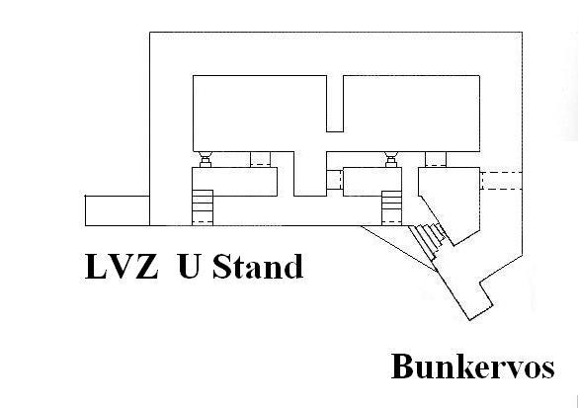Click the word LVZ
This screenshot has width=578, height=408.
(x=122, y=266)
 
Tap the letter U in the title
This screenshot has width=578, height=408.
(x=189, y=266)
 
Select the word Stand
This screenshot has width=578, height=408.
(x=258, y=266)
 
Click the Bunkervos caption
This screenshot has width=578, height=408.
(x=473, y=366)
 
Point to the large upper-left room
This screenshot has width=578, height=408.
(x=260, y=114)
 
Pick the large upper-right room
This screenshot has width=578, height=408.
(x=411, y=114)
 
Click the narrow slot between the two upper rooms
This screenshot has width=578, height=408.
(x=335, y=104)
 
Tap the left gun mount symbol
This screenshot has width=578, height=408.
(x=205, y=160)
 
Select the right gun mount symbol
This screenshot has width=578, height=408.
(x=390, y=160)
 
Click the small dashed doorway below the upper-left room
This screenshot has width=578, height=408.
(x=260, y=159)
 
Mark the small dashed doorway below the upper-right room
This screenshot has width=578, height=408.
(x=436, y=159)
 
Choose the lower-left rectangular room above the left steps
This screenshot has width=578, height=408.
(x=234, y=182)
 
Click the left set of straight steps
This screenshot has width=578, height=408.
(x=203, y=207)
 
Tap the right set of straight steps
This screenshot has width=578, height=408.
(x=391, y=208)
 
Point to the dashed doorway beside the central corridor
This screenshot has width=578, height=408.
(x=335, y=180)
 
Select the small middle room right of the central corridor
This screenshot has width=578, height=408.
(x=372, y=182)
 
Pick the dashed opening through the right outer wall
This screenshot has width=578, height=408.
(x=501, y=181)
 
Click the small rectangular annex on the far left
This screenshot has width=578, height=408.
(x=118, y=210)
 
